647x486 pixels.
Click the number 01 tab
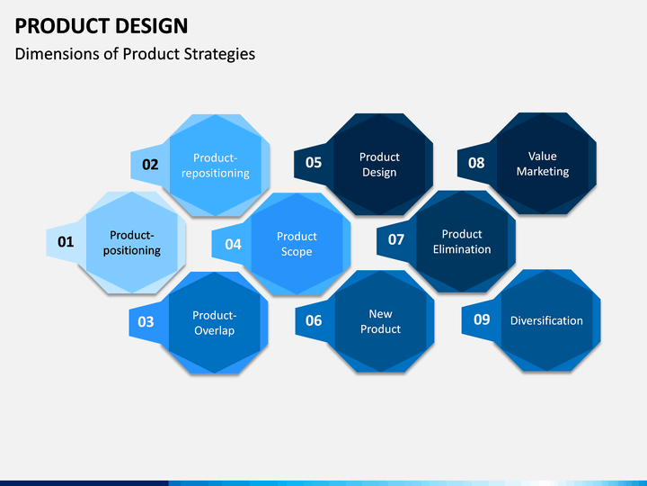pos(66,242)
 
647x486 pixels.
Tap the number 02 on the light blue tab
pos(150,165)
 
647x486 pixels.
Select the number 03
pos(146,321)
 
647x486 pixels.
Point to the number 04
pos(233,244)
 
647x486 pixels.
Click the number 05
pos(314,162)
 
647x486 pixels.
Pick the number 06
pos(314,320)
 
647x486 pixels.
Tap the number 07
pos(396,239)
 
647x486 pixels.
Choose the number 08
pos(476,163)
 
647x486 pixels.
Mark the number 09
pos(482,319)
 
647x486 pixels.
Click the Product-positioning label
pos(132,243)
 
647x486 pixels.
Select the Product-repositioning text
pos(216,166)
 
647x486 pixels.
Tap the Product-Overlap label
pos(215,323)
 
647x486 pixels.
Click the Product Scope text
pos(297,244)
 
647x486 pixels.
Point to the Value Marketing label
pos(543,164)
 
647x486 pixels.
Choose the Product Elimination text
pos(462,242)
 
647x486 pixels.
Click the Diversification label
pos(546,320)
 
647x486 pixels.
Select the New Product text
pos(380,321)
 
